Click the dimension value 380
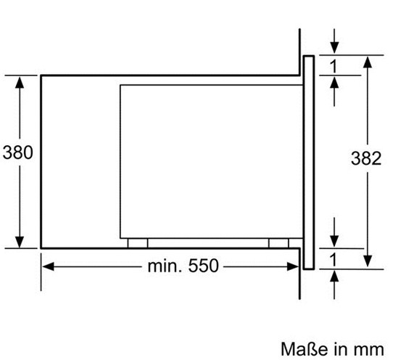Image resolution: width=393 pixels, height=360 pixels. (x=17, y=152)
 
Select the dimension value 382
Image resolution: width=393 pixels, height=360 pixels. (x=366, y=158)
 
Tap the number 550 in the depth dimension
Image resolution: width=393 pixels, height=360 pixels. (x=203, y=266)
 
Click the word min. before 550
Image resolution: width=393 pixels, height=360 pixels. (x=165, y=266)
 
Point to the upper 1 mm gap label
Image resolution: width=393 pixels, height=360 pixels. (x=334, y=67)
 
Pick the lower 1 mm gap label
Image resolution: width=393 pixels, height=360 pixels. (x=334, y=260)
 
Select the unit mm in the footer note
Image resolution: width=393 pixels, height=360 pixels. (x=369, y=350)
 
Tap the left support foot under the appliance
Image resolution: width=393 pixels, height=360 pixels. (x=138, y=243)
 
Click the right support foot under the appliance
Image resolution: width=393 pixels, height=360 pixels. (x=278, y=243)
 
